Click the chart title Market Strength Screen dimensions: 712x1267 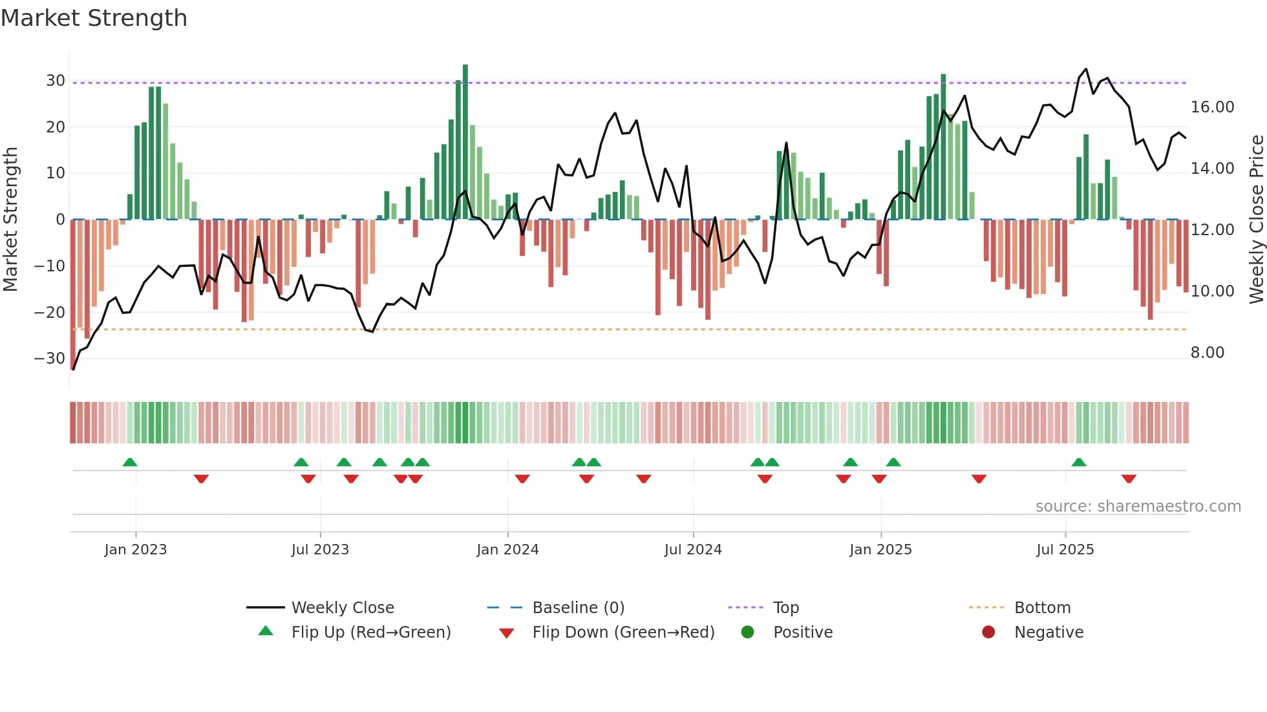click(94, 18)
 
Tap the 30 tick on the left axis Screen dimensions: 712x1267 click(56, 81)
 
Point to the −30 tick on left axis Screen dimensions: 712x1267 click(50, 359)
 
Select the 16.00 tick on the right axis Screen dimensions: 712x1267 click(1212, 107)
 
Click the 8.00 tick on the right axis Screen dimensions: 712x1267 click(1207, 353)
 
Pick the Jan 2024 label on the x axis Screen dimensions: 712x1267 click(507, 550)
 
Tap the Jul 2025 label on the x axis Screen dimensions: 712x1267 click(1065, 550)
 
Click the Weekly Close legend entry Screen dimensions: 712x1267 click(342, 608)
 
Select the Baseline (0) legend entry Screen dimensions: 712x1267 click(578, 608)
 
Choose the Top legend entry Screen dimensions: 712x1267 click(785, 608)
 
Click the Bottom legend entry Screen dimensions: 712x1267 click(1042, 608)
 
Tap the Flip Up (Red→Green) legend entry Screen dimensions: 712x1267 click(370, 633)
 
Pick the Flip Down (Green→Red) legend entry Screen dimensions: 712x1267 click(623, 633)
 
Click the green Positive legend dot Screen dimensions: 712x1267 click(747, 633)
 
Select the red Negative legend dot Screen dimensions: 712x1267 click(988, 633)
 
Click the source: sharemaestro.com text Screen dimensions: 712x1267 click(1138, 507)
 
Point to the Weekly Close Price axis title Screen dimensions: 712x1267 click(1256, 220)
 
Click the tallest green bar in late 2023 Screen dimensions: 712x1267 click(465, 142)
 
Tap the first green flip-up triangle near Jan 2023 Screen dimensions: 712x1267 click(130, 462)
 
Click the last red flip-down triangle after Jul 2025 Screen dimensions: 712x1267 click(1129, 479)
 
